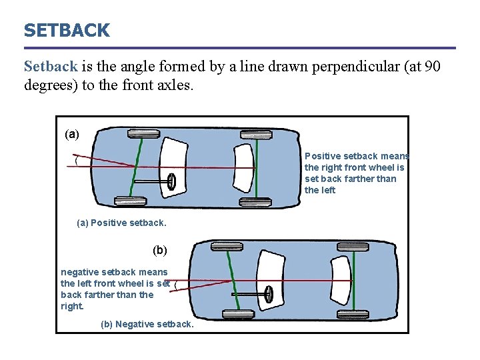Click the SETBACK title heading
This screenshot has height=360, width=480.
point(67,31)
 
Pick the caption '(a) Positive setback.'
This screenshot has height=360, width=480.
point(122,223)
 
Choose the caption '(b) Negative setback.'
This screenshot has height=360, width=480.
point(147,324)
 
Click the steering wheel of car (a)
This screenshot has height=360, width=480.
point(171,181)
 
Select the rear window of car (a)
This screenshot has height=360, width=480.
point(244,167)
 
